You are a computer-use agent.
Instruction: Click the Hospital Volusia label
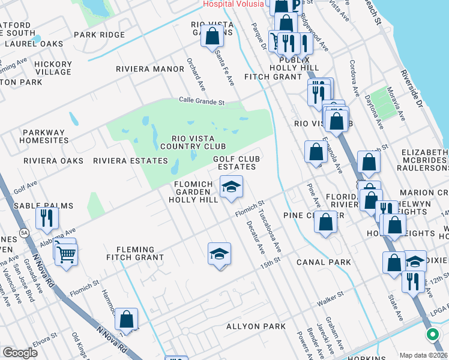pyautogui.click(x=234, y=4)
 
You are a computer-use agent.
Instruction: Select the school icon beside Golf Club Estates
pyautogui.click(x=231, y=187)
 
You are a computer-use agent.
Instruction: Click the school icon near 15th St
pyautogui.click(x=220, y=254)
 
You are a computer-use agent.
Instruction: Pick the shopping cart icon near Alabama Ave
pyautogui.click(x=65, y=254)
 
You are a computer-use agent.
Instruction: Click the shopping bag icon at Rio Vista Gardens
pyautogui.click(x=212, y=37)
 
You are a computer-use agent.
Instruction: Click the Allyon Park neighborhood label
pyautogui.click(x=256, y=326)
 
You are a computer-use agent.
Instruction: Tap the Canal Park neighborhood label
pyautogui.click(x=324, y=262)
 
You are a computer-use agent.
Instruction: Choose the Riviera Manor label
pyautogui.click(x=150, y=69)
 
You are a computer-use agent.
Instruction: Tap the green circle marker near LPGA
pyautogui.click(x=432, y=335)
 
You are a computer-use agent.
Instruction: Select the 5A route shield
pyautogui.click(x=23, y=231)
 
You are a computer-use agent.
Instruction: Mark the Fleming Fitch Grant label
pyautogui.click(x=135, y=253)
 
